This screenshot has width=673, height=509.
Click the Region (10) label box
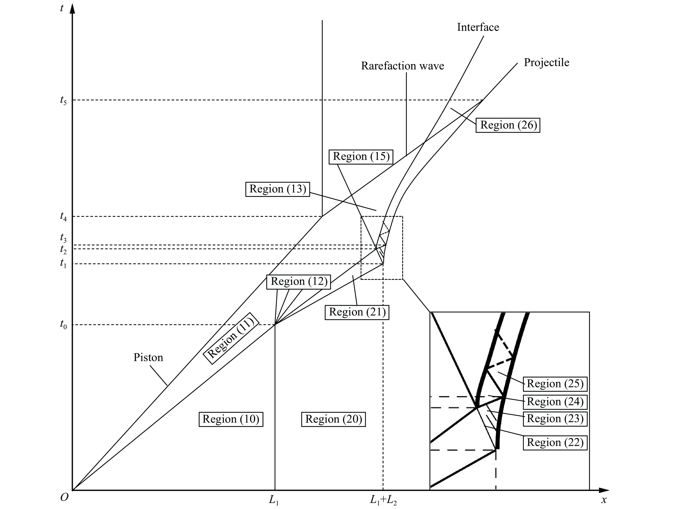coord(231,419)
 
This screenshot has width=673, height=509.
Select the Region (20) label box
coord(333,419)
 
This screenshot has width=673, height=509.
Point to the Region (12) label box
coord(299,282)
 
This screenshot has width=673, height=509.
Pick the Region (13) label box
coord(278,189)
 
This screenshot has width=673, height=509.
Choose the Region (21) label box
coord(357,312)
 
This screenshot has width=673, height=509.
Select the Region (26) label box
coord(508,125)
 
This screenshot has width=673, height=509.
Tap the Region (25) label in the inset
coord(555,384)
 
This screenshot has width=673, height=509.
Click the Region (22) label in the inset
coord(555,442)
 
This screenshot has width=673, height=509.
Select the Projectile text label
coord(546,62)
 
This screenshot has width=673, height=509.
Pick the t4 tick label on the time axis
coord(63,217)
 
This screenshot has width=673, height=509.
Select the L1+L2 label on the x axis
coord(383,500)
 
